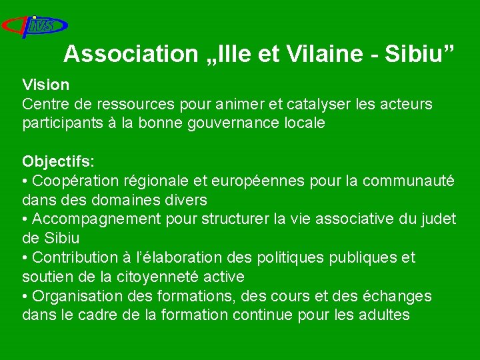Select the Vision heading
(45, 85)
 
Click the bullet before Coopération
(25, 181)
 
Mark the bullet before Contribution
(25, 257)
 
